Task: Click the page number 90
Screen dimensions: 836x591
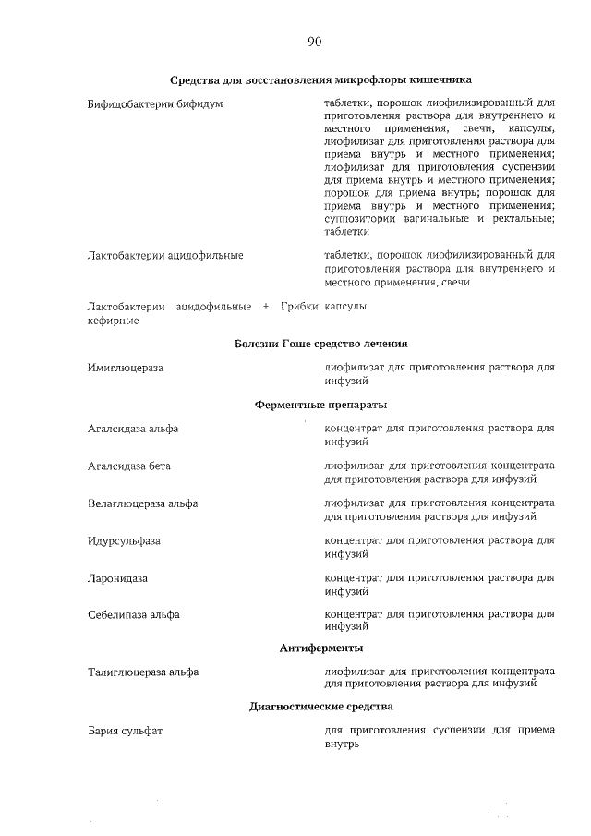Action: point(314,42)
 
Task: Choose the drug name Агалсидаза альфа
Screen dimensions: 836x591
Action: point(133,429)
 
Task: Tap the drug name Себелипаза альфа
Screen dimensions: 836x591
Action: point(133,614)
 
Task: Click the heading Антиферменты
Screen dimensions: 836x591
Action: point(320,648)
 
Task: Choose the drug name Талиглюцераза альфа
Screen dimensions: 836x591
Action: point(142,672)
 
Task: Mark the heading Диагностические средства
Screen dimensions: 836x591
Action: point(320,707)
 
